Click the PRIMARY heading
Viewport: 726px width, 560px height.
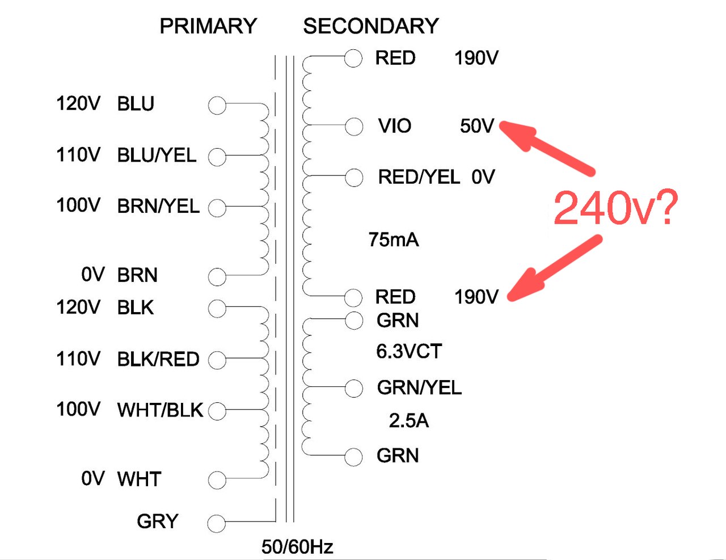[208, 26]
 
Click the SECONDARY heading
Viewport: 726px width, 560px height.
[371, 26]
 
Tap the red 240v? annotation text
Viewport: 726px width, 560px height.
[615, 208]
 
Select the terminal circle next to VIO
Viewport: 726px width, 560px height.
[354, 126]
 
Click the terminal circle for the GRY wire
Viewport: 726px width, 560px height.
[217, 523]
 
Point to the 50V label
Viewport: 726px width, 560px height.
[477, 126]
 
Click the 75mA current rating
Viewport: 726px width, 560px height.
[394, 240]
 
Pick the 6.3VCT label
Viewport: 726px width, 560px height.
[409, 352]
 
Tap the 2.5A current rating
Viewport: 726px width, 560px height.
[409, 421]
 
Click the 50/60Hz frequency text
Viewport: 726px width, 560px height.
[297, 547]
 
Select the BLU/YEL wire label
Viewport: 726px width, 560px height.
[157, 155]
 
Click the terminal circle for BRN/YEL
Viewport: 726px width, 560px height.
[217, 208]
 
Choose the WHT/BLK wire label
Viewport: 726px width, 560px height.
[160, 410]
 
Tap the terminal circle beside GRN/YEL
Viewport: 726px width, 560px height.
[354, 388]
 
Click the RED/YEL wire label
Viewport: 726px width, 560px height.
[419, 178]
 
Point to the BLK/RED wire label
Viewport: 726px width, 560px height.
[158, 360]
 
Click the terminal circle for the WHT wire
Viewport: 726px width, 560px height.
[217, 480]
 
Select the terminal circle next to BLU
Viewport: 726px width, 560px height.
[217, 106]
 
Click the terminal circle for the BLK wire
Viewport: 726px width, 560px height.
[217, 309]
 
